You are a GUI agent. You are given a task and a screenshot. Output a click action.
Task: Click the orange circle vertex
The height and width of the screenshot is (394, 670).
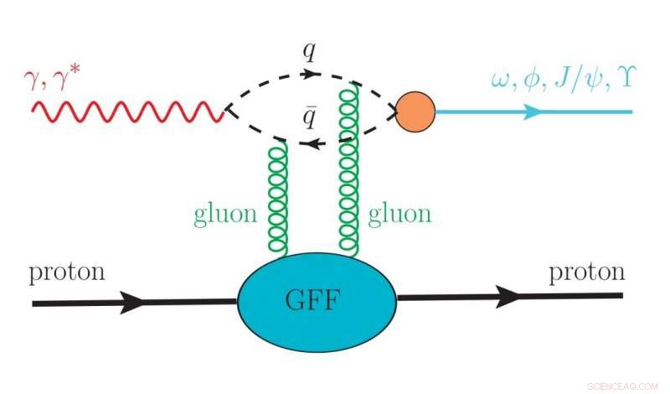(415, 111)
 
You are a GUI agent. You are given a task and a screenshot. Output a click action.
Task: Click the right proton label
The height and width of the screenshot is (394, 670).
(586, 272)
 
